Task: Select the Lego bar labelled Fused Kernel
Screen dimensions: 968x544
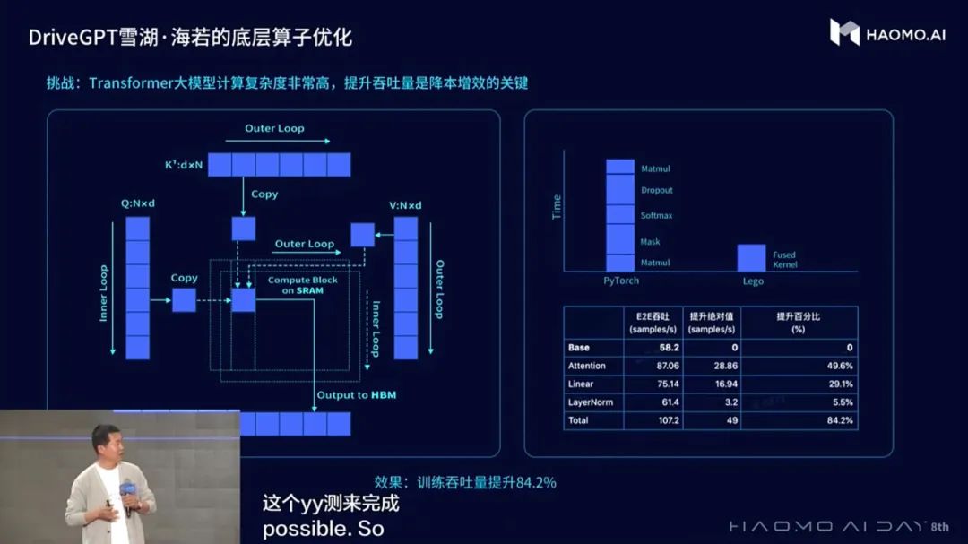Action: coord(751,257)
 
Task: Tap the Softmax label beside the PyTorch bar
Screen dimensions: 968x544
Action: coord(656,215)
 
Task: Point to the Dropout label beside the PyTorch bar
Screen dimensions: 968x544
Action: coord(656,190)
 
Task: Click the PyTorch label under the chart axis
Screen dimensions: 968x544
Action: coord(621,281)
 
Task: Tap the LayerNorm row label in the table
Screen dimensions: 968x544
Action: coord(590,402)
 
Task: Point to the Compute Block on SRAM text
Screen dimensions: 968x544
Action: coord(295,285)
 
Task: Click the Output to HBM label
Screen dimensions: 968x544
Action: coord(356,395)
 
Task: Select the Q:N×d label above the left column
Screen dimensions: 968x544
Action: coord(138,204)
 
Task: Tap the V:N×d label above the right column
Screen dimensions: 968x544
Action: coord(405,205)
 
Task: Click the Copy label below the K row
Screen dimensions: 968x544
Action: coord(264,194)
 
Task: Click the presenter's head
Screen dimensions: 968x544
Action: coord(105,442)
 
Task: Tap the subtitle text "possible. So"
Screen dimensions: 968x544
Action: coord(323,529)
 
